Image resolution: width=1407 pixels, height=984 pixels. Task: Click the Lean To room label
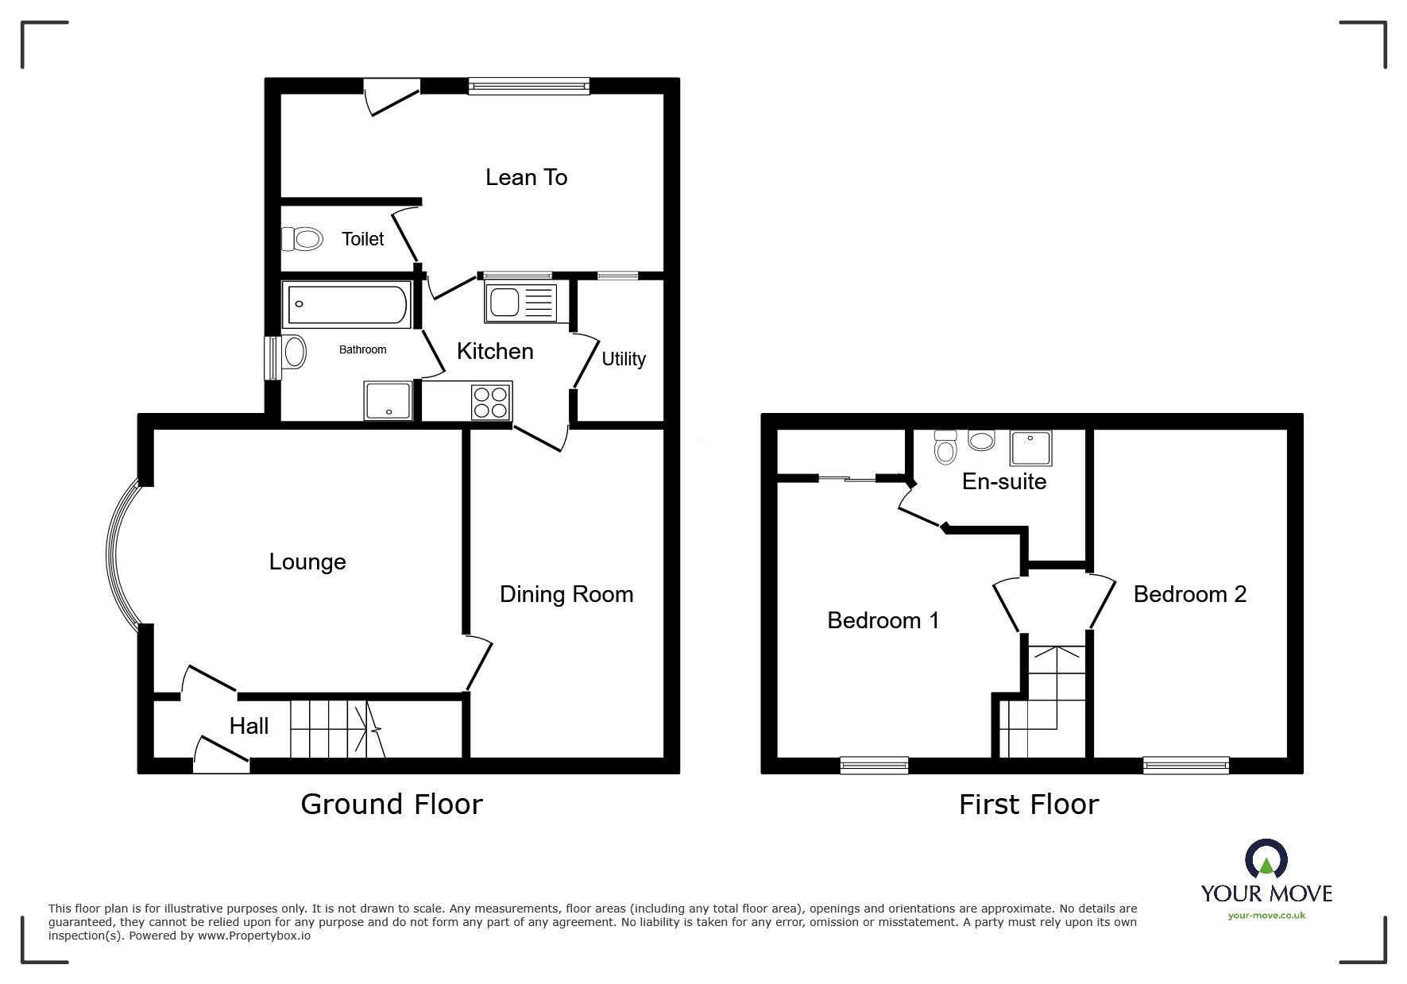point(526,177)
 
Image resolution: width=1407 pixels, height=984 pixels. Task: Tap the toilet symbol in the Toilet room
point(303,238)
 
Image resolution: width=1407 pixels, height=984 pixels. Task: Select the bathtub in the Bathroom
point(347,304)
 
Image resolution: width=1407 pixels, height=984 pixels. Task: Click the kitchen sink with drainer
point(520,303)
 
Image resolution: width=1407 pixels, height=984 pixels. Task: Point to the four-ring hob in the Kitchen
point(491,401)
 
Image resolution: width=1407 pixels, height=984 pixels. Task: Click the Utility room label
point(623,359)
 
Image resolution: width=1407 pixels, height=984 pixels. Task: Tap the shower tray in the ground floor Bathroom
point(388,400)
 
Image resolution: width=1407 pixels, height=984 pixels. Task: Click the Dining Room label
point(566,594)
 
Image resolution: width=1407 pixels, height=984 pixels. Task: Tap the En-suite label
point(1003,481)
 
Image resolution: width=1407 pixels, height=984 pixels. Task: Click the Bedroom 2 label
point(1189,594)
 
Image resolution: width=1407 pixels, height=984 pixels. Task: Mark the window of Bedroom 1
point(874,765)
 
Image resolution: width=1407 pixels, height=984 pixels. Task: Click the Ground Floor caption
point(391,805)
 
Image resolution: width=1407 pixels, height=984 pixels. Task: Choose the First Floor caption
point(1028,805)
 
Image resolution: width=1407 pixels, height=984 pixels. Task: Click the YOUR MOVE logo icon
point(1266,860)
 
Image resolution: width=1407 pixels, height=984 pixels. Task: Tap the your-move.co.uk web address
point(1266,916)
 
